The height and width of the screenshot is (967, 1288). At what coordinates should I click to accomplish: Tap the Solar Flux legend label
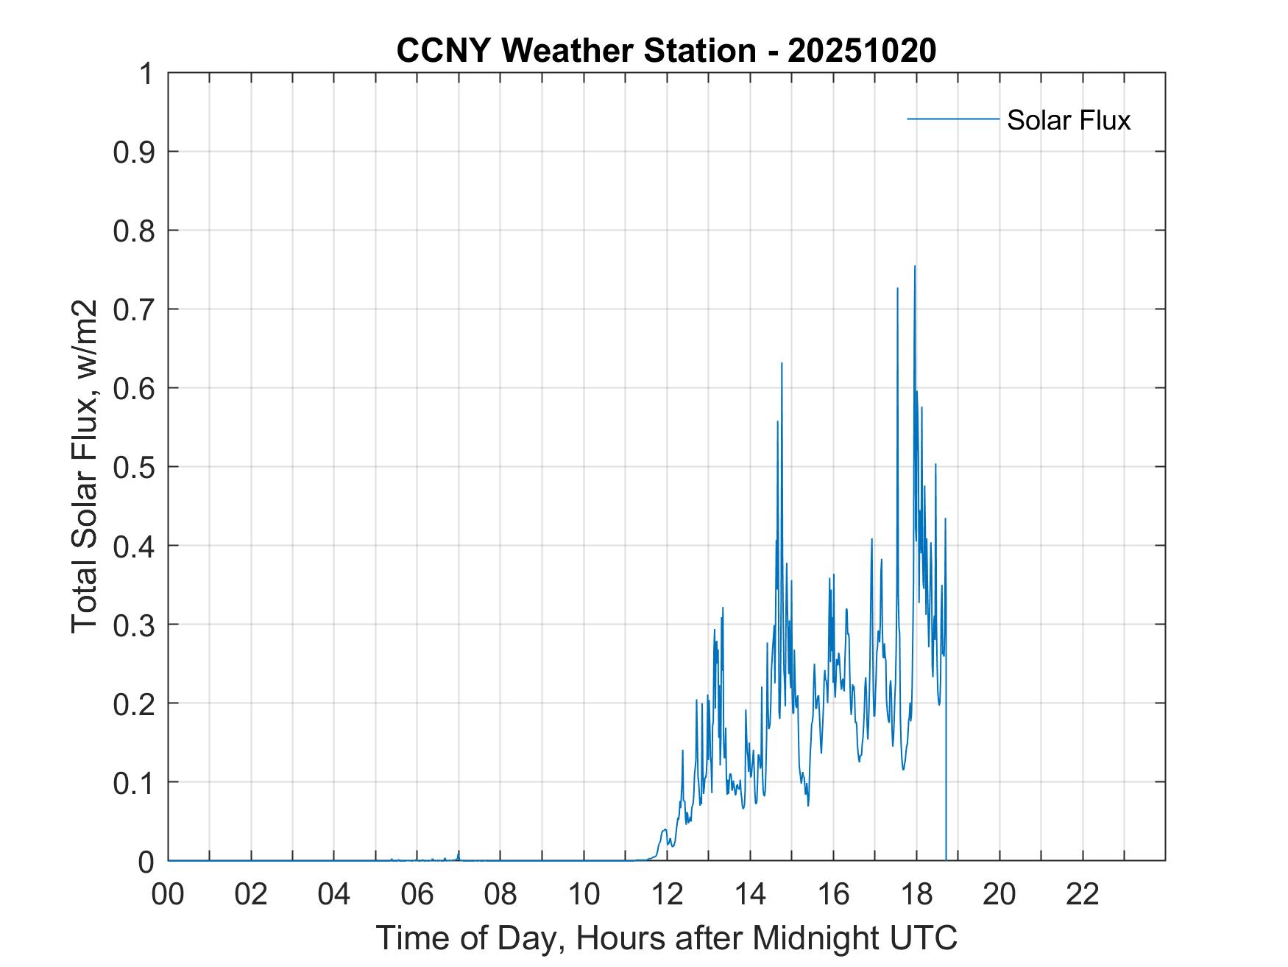[x=1068, y=120]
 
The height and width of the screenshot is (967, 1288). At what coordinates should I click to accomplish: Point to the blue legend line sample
[x=952, y=119]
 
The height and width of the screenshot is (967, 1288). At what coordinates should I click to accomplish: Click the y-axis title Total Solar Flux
[x=85, y=467]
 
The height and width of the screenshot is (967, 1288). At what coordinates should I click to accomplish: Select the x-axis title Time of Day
[x=666, y=938]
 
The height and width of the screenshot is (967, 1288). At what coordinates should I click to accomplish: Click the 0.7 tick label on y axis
[x=135, y=309]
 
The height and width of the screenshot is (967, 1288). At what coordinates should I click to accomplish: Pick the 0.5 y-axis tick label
[x=135, y=467]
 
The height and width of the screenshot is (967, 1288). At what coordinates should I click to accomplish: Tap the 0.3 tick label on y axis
[x=135, y=625]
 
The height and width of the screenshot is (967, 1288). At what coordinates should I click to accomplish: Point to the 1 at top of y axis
[x=147, y=74]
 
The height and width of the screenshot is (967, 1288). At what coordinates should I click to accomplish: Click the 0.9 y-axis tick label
[x=135, y=152]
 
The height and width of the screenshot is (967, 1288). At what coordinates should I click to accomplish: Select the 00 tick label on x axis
[x=168, y=894]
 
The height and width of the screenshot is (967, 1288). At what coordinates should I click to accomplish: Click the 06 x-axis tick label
[x=417, y=894]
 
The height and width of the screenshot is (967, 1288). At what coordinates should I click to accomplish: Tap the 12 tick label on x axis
[x=667, y=894]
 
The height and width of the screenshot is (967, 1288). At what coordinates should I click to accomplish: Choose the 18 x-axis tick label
[x=916, y=894]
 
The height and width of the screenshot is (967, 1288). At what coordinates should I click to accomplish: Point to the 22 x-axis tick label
[x=1083, y=894]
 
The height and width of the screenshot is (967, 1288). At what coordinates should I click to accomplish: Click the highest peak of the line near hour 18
[x=915, y=267]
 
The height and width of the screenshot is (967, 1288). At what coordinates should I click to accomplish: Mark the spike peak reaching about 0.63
[x=782, y=363]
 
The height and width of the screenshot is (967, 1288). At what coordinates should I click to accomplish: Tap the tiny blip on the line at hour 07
[x=459, y=852]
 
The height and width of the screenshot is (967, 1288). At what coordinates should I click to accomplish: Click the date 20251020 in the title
[x=862, y=51]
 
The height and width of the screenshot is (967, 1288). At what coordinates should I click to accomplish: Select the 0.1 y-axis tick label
[x=135, y=782]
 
